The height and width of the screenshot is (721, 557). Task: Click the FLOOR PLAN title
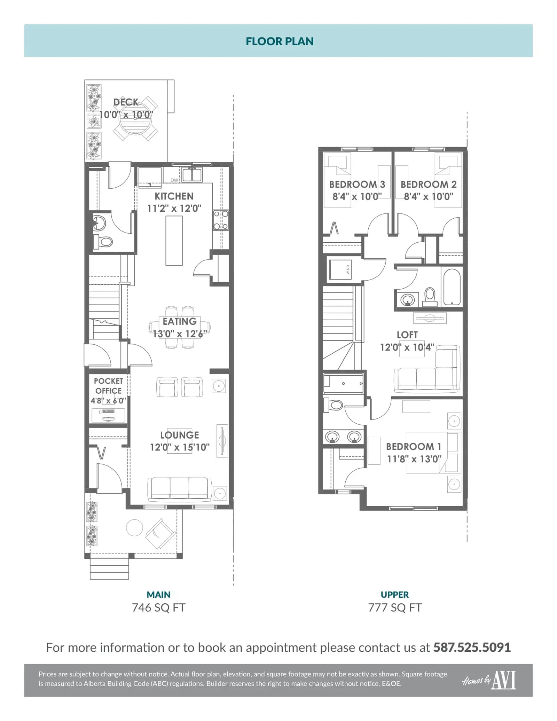pyautogui.click(x=280, y=41)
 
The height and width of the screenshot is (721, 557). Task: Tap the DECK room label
pyautogui.click(x=126, y=102)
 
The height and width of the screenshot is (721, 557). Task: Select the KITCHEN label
pyautogui.click(x=174, y=196)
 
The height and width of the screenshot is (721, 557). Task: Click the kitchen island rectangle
pyautogui.click(x=174, y=241)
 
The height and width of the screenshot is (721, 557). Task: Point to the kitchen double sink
pyautogui.click(x=192, y=175)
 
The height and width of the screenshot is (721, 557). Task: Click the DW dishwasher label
pyautogui.click(x=174, y=180)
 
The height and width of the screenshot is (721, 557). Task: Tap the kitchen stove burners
pyautogui.click(x=221, y=220)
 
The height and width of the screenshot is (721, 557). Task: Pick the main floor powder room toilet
pyautogui.click(x=103, y=241)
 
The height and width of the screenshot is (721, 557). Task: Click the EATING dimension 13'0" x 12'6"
pyautogui.click(x=180, y=334)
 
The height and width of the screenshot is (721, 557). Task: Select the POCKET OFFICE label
pyautogui.click(x=108, y=386)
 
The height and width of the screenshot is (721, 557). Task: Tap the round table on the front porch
pyautogui.click(x=134, y=528)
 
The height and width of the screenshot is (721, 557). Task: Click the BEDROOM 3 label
pyautogui.click(x=357, y=184)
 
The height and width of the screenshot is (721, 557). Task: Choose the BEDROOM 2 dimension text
pyautogui.click(x=429, y=197)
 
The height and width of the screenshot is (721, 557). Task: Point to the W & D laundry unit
pyautogui.click(x=340, y=269)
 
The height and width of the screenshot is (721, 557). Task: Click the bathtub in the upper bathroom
pyautogui.click(x=452, y=287)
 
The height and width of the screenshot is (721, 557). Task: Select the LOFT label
pyautogui.click(x=407, y=335)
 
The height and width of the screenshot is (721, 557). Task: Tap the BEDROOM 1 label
pyautogui.click(x=414, y=447)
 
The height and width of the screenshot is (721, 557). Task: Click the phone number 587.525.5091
pyautogui.click(x=472, y=647)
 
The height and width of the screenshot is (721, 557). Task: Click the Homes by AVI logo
pyautogui.click(x=489, y=680)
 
